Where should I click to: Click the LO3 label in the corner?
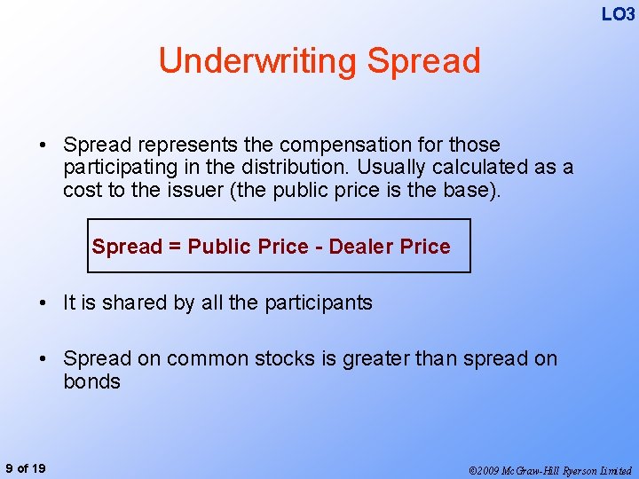click(618, 14)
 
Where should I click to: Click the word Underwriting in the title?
click(257, 60)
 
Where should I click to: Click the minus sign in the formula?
click(318, 247)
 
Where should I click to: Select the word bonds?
click(91, 381)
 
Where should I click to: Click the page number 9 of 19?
click(27, 468)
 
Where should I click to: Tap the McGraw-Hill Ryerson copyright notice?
click(550, 469)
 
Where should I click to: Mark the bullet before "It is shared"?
click(43, 302)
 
